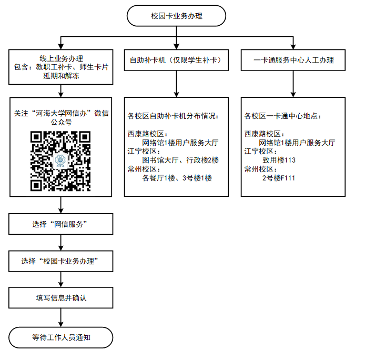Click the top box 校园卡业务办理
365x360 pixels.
pyautogui.click(x=176, y=16)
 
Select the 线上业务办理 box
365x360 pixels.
pyautogui.click(x=62, y=66)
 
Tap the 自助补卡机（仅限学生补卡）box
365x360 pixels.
pyautogui.click(x=176, y=60)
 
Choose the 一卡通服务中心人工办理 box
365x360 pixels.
pyautogui.click(x=293, y=60)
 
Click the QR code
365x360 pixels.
pyautogui.click(x=62, y=161)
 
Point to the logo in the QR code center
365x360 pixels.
pyautogui.click(x=61, y=161)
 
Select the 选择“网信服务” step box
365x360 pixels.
pyautogui.click(x=62, y=225)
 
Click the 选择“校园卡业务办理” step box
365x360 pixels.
pyautogui.click(x=62, y=262)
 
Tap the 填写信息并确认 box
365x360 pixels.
pyautogui.click(x=62, y=298)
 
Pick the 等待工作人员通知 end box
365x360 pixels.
pyautogui.click(x=62, y=337)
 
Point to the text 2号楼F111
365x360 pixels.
pyautogui.click(x=279, y=178)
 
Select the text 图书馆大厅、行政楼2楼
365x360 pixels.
pyautogui.click(x=180, y=160)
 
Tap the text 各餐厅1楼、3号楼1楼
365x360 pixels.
pyautogui.click(x=177, y=178)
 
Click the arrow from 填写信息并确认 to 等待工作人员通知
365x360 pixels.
pyautogui.click(x=62, y=317)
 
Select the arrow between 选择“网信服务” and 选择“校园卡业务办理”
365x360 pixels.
pyautogui.click(x=62, y=243)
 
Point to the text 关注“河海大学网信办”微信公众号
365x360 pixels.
pyautogui.click(x=62, y=117)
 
